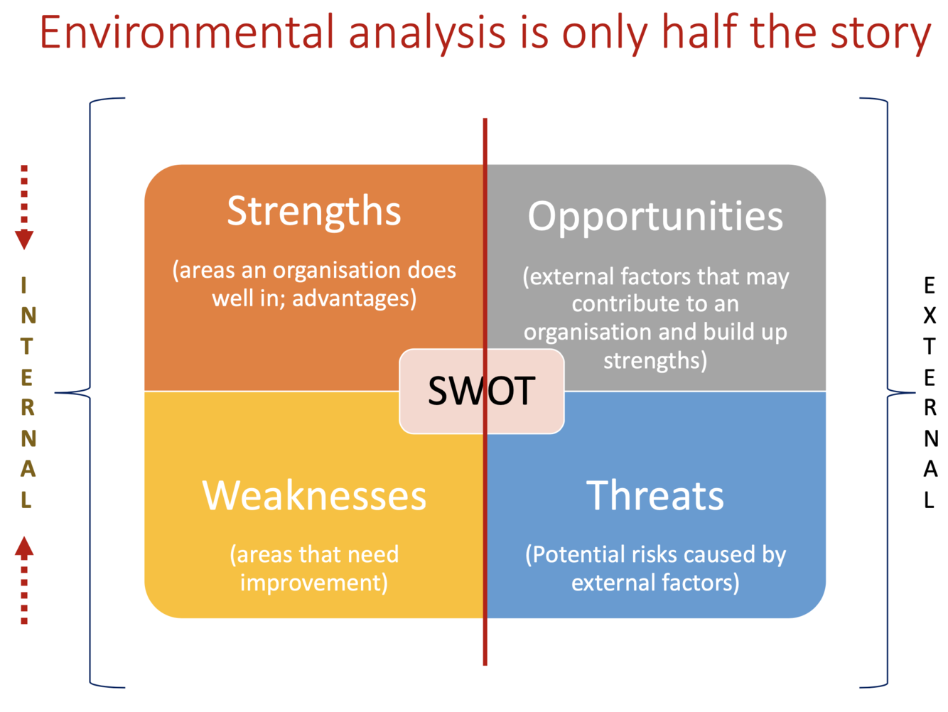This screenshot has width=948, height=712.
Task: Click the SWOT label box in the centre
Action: pyautogui.click(x=481, y=392)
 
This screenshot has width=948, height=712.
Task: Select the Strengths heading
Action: pyautogui.click(x=314, y=212)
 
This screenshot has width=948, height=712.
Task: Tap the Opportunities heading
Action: pyautogui.click(x=655, y=217)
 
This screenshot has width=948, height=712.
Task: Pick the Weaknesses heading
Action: pyautogui.click(x=314, y=496)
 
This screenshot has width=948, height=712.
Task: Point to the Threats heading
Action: pyautogui.click(x=655, y=496)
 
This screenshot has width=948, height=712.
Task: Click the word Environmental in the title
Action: pyautogui.click(x=187, y=33)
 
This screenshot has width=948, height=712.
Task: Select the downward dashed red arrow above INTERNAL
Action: pyautogui.click(x=24, y=207)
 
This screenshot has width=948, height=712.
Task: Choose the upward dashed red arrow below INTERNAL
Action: pyautogui.click(x=24, y=580)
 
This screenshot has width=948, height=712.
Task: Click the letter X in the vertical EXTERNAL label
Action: pyautogui.click(x=930, y=315)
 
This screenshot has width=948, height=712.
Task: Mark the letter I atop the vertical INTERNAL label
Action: pyautogui.click(x=23, y=286)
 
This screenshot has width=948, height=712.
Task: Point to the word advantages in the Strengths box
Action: pyautogui.click(x=354, y=298)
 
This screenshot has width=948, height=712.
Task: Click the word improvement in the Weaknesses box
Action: pyautogui.click(x=314, y=583)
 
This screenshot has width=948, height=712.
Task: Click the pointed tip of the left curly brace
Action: pyautogui.click(x=55, y=393)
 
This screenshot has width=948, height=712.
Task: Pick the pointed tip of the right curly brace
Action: pyautogui.click(x=915, y=393)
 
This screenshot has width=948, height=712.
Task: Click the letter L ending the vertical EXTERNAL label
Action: pyautogui.click(x=929, y=500)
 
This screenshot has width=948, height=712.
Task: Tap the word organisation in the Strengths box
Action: pyautogui.click(x=337, y=271)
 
